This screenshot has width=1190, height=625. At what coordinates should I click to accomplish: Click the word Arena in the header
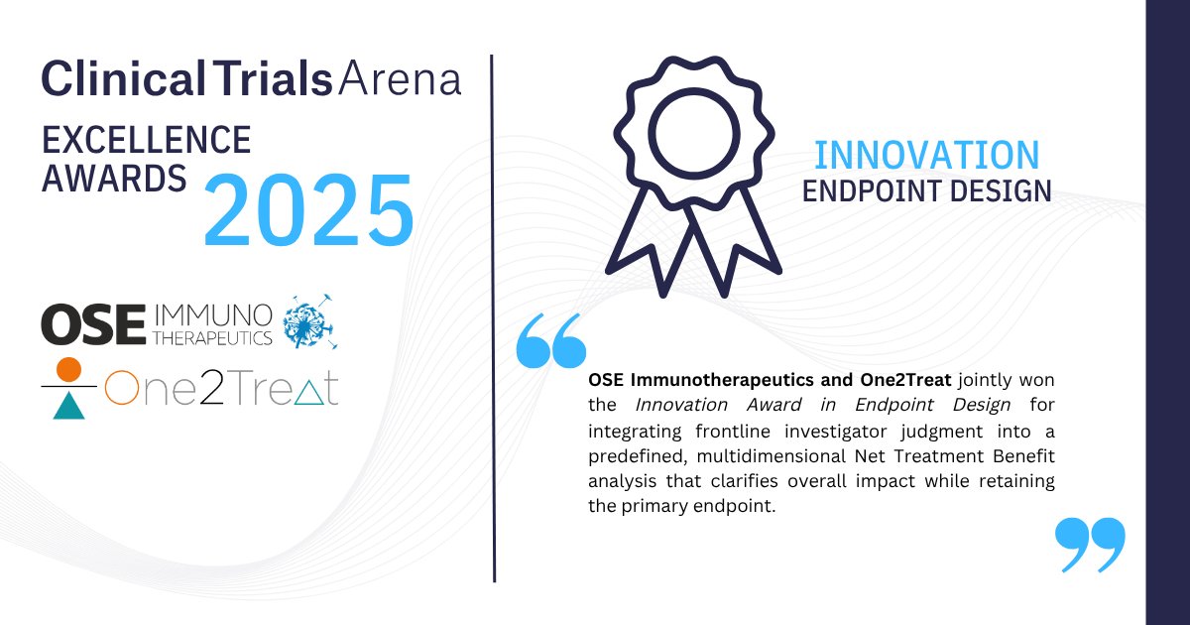(x=401, y=78)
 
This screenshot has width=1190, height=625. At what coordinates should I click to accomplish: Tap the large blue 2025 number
(x=308, y=210)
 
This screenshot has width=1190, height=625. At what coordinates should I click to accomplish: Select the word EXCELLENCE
(x=146, y=140)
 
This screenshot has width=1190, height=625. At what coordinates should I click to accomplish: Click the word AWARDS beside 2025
(x=114, y=179)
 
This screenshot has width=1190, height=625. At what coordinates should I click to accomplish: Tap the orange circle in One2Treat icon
(x=68, y=370)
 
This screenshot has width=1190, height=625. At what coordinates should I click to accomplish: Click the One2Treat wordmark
(x=220, y=389)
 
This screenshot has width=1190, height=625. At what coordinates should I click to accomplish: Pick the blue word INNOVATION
(x=926, y=155)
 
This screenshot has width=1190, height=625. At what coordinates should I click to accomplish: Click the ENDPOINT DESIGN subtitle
(x=926, y=190)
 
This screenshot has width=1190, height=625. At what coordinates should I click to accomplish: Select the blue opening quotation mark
(x=551, y=342)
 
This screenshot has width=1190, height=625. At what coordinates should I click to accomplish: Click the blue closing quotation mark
(x=1090, y=544)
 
